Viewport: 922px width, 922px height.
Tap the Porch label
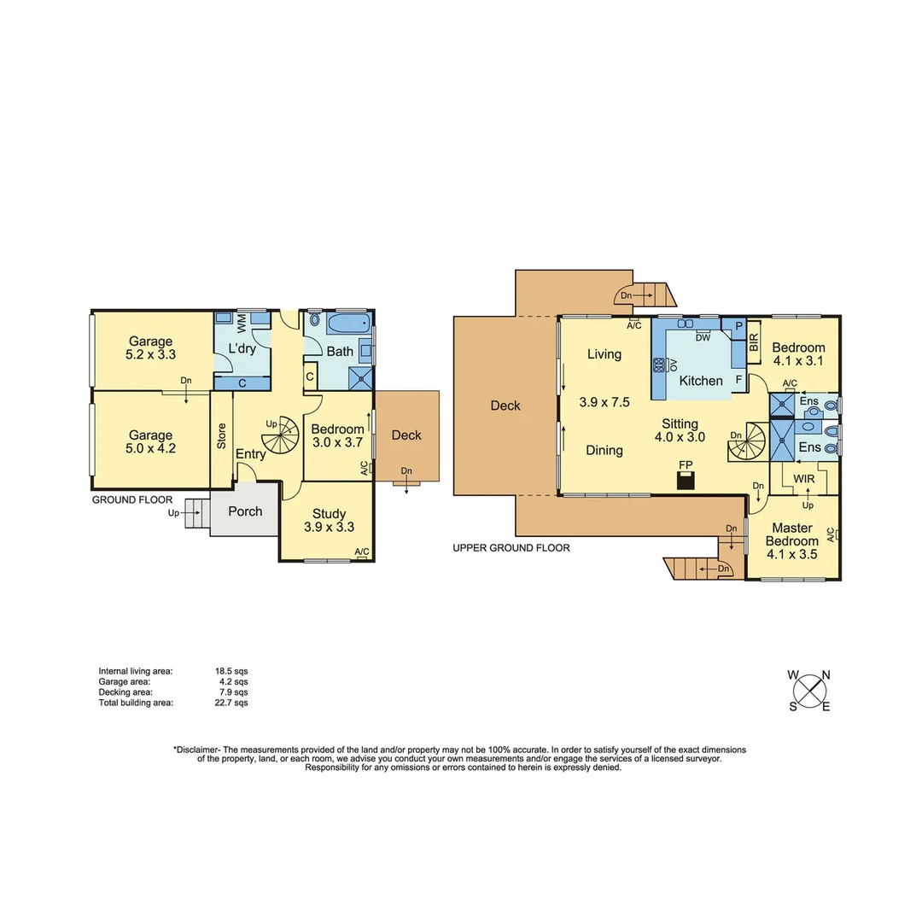click(244, 511)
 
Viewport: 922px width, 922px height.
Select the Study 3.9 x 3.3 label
click(329, 520)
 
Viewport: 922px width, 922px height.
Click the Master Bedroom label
click(791, 534)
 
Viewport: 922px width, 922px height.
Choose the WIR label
click(803, 479)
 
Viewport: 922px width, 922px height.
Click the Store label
click(221, 435)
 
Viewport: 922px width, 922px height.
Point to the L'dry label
click(242, 348)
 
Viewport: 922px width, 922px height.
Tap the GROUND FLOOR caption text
click(132, 500)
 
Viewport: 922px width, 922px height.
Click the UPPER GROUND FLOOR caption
click(511, 548)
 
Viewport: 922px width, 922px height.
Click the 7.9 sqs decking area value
click(234, 692)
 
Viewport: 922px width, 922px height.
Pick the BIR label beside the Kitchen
click(754, 342)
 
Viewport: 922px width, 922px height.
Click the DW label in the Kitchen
click(703, 338)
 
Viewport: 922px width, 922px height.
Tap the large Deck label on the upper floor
click(505, 406)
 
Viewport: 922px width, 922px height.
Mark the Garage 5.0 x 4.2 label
click(150, 441)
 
